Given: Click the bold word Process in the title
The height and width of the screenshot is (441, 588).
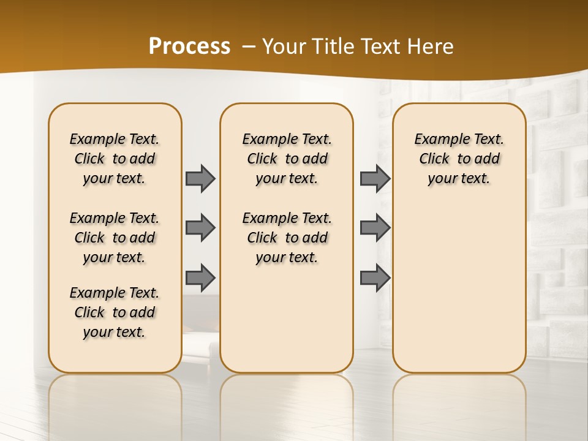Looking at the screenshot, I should click(x=189, y=47).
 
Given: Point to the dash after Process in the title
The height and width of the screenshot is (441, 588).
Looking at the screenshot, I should click(x=249, y=47).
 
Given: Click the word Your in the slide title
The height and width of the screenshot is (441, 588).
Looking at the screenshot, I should click(x=285, y=47).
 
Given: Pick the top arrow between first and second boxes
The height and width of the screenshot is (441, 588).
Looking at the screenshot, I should click(x=200, y=178).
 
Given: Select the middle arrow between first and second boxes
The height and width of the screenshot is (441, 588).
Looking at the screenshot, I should click(x=200, y=228).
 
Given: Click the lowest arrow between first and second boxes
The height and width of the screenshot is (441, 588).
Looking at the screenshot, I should click(x=200, y=277).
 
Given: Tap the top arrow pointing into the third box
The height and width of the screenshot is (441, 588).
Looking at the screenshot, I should click(x=375, y=178).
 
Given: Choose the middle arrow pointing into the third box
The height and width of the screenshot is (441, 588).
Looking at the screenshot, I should click(x=375, y=228).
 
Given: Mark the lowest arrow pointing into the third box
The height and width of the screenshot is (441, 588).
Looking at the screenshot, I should click(x=375, y=277).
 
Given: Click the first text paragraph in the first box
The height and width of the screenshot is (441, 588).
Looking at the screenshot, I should click(x=115, y=159).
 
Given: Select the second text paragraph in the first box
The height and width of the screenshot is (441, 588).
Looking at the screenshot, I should click(x=115, y=238).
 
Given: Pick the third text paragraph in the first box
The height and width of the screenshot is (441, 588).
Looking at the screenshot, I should click(x=115, y=312).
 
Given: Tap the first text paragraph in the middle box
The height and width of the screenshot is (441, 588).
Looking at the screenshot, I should click(x=287, y=159).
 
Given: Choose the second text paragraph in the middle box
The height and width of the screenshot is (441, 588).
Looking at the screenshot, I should click(x=287, y=238).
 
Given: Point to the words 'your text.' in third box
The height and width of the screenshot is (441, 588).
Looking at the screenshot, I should click(x=459, y=178).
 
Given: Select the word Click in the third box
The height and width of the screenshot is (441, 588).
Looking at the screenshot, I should click(x=434, y=159).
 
